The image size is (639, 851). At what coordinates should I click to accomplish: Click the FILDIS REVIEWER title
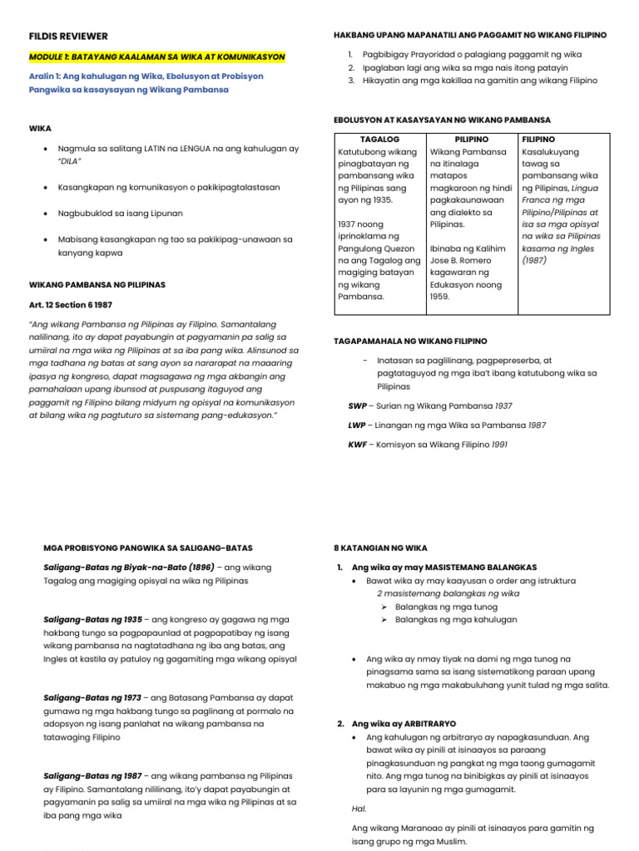[68, 37]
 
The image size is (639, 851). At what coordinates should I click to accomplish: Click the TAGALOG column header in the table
[379, 139]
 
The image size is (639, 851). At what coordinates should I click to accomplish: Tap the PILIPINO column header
[471, 139]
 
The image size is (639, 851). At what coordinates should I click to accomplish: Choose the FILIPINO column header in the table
[538, 139]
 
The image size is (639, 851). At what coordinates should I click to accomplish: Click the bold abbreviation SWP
[357, 406]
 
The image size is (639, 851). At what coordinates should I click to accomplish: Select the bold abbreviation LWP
[357, 425]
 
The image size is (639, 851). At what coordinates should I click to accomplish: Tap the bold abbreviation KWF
[357, 445]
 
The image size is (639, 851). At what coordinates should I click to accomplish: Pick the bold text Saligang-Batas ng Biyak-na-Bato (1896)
[129, 568]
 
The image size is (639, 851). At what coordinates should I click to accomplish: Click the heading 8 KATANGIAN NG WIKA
[380, 548]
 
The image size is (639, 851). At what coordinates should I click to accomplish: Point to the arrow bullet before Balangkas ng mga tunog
[384, 607]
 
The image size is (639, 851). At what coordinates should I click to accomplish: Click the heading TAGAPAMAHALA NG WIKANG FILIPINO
[410, 342]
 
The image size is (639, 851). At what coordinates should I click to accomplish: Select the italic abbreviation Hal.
[359, 808]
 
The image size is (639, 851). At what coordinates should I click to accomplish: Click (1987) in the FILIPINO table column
[534, 260]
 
